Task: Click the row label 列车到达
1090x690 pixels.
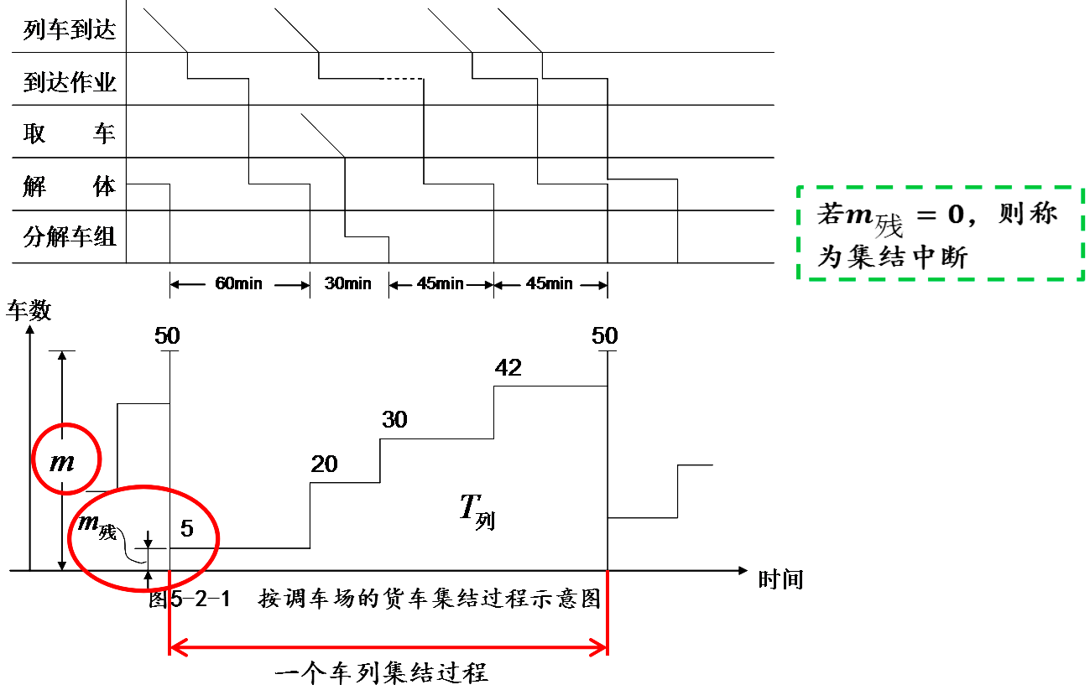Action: click(70, 31)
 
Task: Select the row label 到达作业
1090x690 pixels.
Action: click(70, 83)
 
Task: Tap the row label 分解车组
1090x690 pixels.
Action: click(70, 237)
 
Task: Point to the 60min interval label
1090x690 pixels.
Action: click(239, 283)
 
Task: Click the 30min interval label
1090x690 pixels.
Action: click(348, 283)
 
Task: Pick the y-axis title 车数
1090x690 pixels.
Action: click(29, 311)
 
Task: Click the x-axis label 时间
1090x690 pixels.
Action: click(780, 578)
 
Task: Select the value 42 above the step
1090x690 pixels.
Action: click(508, 367)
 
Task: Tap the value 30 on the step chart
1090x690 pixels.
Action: click(394, 419)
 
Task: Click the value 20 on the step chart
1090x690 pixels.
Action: click(324, 464)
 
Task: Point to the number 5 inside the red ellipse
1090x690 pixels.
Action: click(187, 529)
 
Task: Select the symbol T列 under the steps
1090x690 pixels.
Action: click(476, 509)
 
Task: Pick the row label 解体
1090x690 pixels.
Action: click(70, 186)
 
